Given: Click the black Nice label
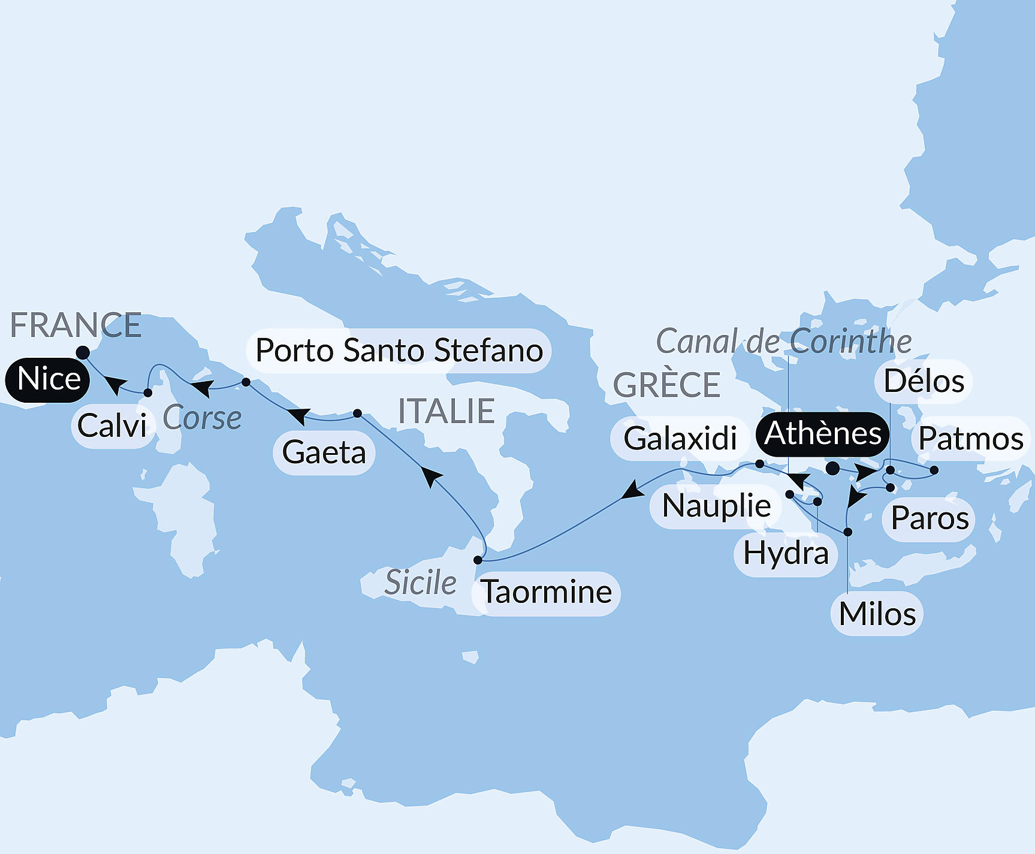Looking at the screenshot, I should [48, 379].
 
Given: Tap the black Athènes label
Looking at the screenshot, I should [822, 434].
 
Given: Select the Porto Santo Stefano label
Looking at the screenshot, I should [399, 351].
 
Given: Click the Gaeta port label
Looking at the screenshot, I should [324, 452].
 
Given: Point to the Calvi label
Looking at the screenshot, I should [112, 426].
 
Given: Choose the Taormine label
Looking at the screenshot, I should [546, 593].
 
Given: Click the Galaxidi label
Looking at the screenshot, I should [680, 438].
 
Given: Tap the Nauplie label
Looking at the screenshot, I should [716, 506].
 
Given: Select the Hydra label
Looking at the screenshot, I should [786, 554].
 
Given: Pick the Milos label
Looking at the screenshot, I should [877, 614].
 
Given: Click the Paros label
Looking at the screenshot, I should [930, 518].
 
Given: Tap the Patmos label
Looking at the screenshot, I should [970, 439].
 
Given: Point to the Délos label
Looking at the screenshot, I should [924, 381].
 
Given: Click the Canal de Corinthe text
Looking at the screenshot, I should [784, 342].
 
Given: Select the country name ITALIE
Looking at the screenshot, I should [446, 411].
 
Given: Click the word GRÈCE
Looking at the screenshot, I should [666, 385].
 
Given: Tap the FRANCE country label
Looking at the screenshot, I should [76, 325].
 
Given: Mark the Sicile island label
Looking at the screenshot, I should [420, 583].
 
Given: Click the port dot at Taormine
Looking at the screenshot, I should [478, 560].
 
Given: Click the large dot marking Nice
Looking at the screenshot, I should [83, 352].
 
